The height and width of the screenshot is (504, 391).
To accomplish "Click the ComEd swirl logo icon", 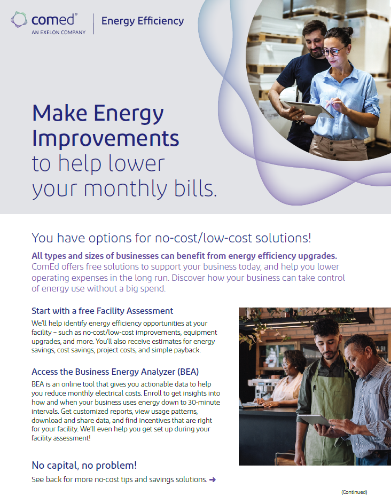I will click(x=19, y=20).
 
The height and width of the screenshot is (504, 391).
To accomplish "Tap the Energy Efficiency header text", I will click(x=142, y=21).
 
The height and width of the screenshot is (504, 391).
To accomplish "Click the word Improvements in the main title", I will click(x=105, y=138).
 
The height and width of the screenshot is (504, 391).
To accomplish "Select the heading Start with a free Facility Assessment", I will click(x=102, y=311).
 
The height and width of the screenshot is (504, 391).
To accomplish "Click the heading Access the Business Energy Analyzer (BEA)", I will click(x=115, y=372).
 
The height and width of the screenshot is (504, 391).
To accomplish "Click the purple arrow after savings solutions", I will click(x=213, y=479).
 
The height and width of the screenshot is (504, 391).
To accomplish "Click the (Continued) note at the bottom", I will click(x=354, y=492).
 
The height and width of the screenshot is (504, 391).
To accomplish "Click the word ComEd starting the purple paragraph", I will click(x=45, y=266).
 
